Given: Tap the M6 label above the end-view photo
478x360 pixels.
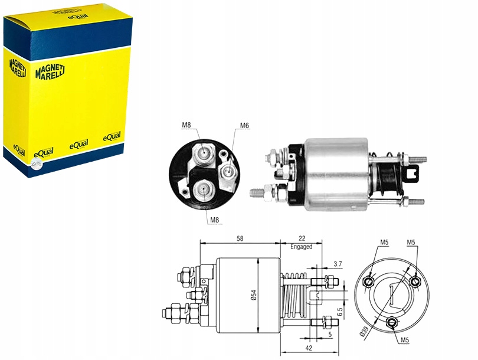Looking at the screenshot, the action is click(x=244, y=125).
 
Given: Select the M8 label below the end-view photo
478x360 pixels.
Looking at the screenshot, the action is click(x=215, y=220).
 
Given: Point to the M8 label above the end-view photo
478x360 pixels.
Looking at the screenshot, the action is click(x=186, y=125).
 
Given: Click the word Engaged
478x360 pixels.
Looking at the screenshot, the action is click(x=301, y=247).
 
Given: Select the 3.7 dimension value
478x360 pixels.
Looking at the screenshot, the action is click(x=338, y=264).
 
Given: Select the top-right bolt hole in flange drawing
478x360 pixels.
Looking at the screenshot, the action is click(x=415, y=281).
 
